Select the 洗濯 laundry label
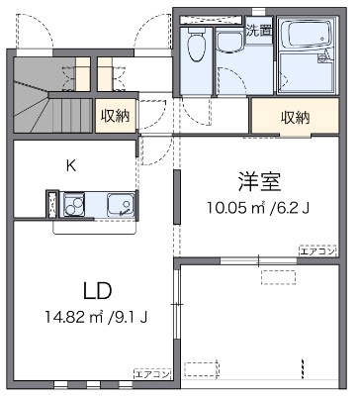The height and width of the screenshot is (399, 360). click(258, 30)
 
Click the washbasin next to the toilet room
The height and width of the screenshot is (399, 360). click(231, 41)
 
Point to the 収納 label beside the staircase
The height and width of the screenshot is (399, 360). click(115, 116)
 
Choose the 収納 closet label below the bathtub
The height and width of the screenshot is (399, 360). click(295, 117)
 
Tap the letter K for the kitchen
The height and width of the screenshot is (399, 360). click(70, 165)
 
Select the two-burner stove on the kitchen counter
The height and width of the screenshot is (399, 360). click(75, 205)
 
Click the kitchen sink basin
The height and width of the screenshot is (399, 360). click(121, 205)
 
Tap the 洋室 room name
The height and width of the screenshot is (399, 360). click(259, 181)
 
